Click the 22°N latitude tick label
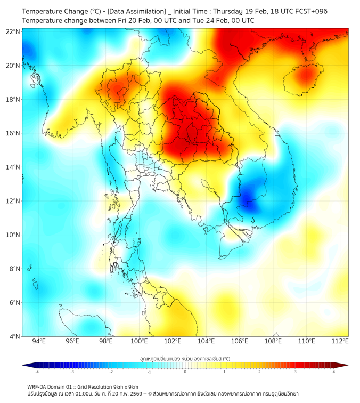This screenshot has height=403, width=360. [13, 31]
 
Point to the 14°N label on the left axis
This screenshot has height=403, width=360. [13, 167]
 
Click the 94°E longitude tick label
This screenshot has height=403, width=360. [39, 342]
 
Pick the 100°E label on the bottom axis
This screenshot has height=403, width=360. [140, 342]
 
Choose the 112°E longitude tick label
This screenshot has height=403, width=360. [340, 342]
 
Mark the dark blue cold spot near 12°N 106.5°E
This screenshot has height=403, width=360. [248, 200]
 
